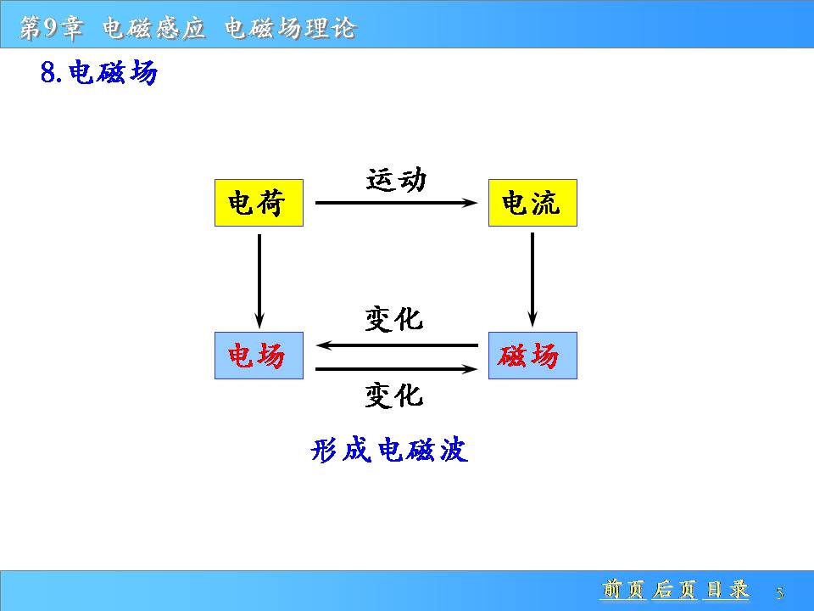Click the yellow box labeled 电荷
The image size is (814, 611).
coord(259,203)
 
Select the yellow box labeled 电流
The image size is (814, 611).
coord(532,203)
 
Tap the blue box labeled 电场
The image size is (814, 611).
coord(259,356)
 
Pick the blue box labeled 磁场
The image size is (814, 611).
coord(532,356)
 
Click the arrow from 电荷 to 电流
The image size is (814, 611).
coord(395,203)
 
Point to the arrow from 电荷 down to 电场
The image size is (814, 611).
coord(259,279)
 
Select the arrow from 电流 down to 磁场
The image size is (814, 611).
coord(532,279)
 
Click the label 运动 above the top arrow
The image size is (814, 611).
coord(396,179)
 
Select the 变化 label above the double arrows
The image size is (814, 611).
coord(393,319)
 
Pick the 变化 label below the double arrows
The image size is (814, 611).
coord(393,395)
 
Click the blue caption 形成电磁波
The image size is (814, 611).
coord(389,450)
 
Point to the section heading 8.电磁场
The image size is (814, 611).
coord(98,74)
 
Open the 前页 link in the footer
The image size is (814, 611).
coord(623,589)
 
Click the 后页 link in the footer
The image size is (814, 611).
coord(674,589)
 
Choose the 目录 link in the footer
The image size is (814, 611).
coord(727,589)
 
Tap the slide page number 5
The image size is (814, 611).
coord(779,592)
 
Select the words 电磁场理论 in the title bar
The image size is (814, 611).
coord(290,28)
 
